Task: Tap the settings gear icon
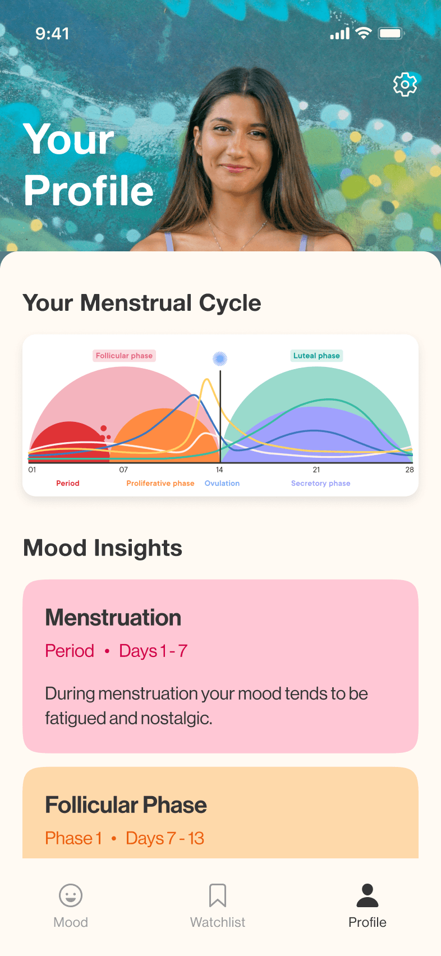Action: point(405,85)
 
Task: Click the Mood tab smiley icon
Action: point(71,895)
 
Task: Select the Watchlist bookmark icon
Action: point(218,895)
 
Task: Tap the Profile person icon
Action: point(367,895)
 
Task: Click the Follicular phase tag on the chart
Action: point(124,356)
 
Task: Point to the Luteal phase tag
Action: point(316,356)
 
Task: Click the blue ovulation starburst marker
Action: point(220,359)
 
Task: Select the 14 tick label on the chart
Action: point(219,470)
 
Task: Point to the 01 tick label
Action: point(32,470)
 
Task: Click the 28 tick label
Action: point(410,470)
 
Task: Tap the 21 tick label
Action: point(316,470)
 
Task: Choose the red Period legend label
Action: point(68,483)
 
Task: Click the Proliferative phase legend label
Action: point(160,483)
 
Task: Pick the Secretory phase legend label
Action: point(320,483)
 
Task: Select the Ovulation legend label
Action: point(222,483)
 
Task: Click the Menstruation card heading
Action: point(113,618)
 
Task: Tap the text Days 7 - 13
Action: point(165,838)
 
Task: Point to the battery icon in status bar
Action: point(391,34)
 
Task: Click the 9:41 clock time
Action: point(52,34)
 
